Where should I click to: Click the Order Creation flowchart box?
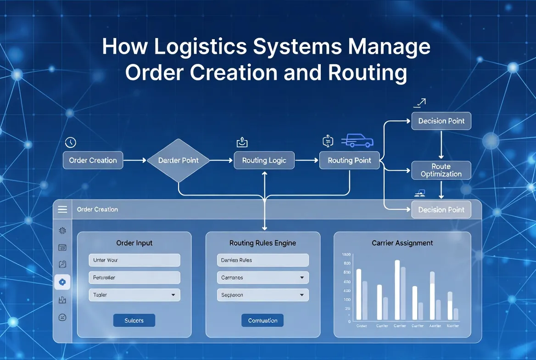[x=93, y=160]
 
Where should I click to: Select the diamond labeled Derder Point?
[x=179, y=160]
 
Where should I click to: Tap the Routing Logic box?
[x=264, y=160]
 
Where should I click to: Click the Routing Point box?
[x=350, y=160]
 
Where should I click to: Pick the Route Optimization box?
[x=441, y=170]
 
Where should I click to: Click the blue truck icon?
[x=357, y=141]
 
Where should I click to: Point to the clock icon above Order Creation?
[x=70, y=142]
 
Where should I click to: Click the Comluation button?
[x=262, y=321]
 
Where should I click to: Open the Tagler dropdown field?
[x=134, y=295]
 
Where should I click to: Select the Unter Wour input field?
[x=134, y=260]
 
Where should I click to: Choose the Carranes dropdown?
[x=262, y=277]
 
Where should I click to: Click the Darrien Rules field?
[x=262, y=260]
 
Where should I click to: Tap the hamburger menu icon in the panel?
[x=62, y=209]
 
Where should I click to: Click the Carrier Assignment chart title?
[x=402, y=243]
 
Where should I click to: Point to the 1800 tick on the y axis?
[x=346, y=254]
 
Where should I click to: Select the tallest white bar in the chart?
[x=397, y=290]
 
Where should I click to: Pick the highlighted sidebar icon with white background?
[x=62, y=282]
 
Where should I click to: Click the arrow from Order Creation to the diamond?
[x=134, y=160]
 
